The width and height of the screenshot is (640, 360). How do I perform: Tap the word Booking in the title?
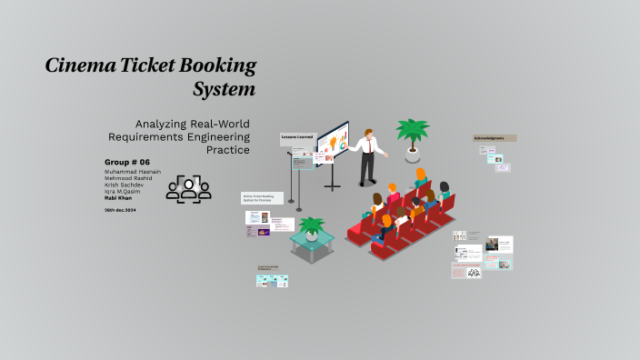coord(218,66)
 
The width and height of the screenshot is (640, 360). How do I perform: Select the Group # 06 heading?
coord(126,163)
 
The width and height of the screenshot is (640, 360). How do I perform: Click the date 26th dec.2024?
coord(121,210)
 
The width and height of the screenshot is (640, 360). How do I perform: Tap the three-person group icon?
coord(188,188)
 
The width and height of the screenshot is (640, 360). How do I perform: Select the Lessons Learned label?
coord(297,137)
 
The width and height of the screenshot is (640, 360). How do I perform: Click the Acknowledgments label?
coord(495,138)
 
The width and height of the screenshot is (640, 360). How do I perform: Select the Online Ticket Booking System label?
coord(262,197)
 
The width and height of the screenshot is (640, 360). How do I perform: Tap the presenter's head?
coord(365,131)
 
